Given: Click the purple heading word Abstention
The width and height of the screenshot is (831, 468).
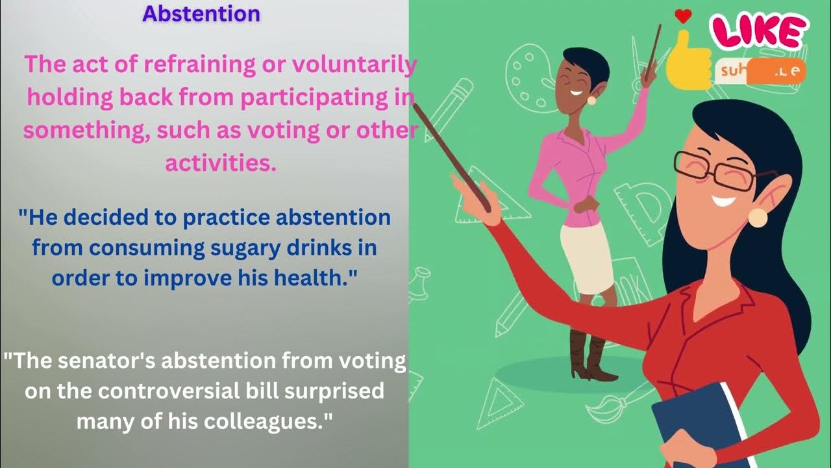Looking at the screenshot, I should coord(201,14).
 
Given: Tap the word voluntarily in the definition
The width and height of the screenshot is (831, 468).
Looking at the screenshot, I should coord(355,66).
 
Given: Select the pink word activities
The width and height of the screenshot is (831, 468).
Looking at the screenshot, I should coord(221,162).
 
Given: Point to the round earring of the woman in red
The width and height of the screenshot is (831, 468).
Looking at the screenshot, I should coord(758,217).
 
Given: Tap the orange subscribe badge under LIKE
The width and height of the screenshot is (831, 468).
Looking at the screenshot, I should coord(760,72).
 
